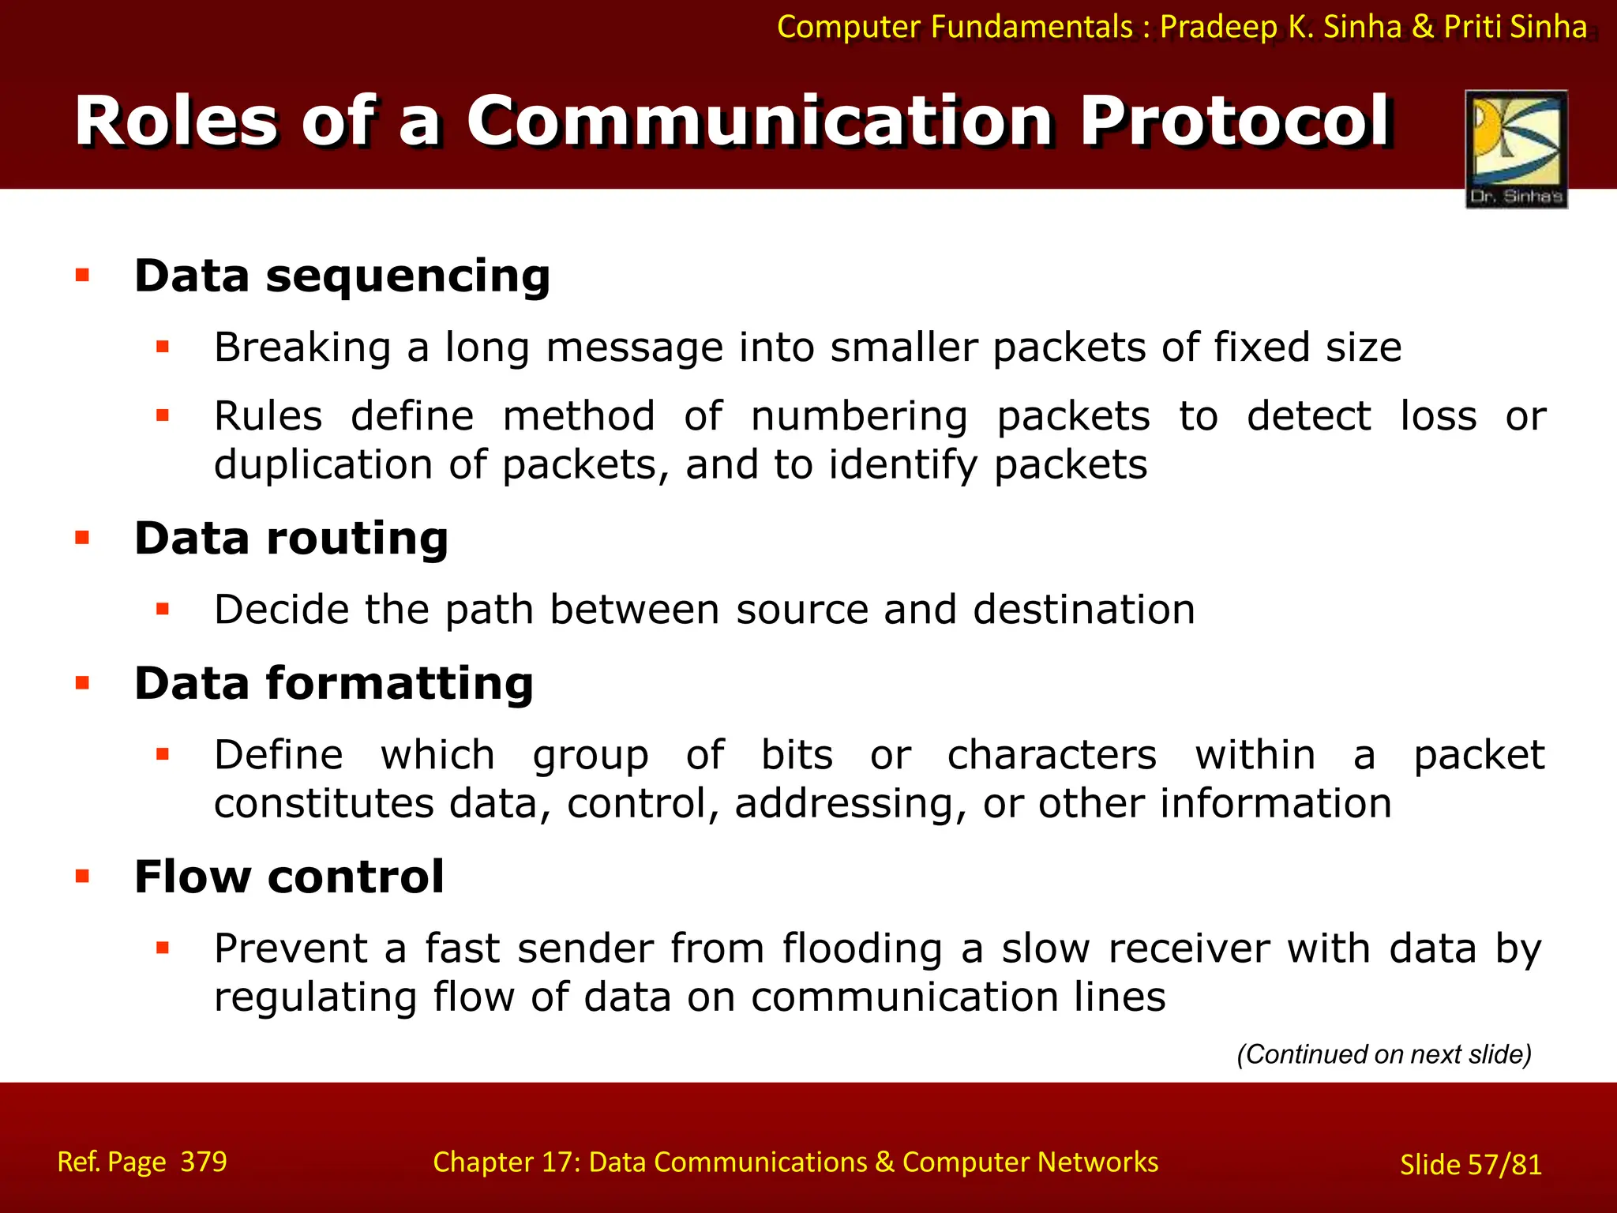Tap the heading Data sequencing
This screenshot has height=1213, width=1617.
coord(342,276)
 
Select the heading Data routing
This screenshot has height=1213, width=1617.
coord(291,539)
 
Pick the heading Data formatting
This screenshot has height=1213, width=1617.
coord(334,683)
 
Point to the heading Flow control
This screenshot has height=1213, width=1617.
coord(289,877)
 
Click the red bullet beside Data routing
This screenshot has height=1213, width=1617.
coord(82,539)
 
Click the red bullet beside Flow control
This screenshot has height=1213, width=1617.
coord(82,876)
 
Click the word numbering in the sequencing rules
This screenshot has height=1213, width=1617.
coord(858,417)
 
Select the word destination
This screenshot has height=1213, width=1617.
coord(1083,610)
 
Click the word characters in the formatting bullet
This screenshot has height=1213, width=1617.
coord(1052,755)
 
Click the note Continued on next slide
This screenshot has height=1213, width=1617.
coord(1383,1054)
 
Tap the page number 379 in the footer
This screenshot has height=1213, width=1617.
coord(204,1162)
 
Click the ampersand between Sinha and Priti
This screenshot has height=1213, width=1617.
coord(1422,27)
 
